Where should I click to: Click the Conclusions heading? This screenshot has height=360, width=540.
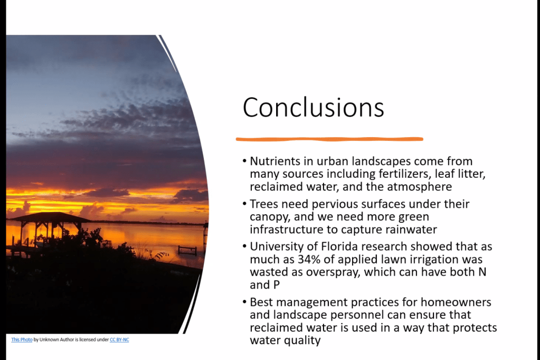313,107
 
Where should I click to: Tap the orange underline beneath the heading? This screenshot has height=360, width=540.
329,139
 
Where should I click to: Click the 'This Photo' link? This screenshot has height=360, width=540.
22,339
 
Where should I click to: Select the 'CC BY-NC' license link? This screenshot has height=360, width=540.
119,339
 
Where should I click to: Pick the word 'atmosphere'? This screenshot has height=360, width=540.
420,187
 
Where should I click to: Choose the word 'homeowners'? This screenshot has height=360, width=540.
456,302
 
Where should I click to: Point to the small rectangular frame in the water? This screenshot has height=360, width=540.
187,250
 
